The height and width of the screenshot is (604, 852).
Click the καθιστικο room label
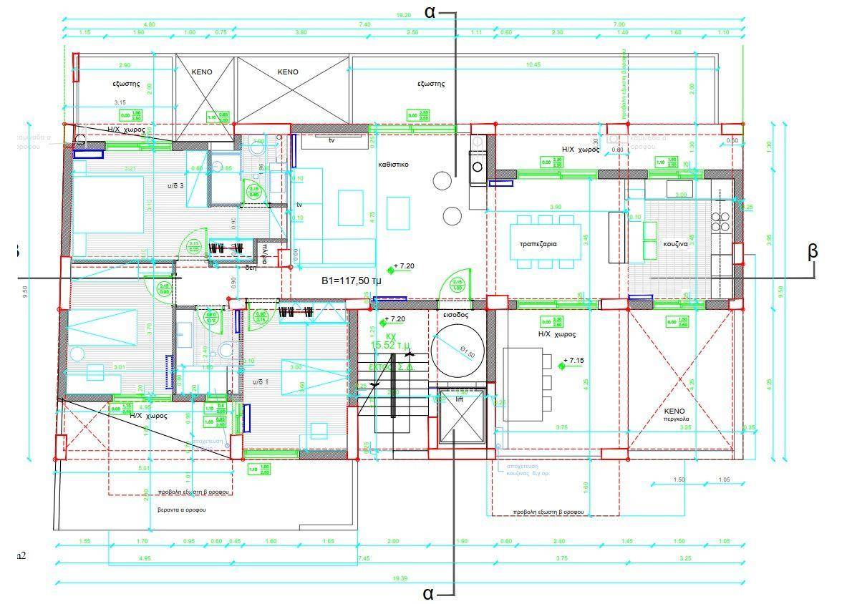click(393, 164)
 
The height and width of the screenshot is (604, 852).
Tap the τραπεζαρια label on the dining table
click(538, 244)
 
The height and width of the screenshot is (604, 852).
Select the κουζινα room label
click(674, 243)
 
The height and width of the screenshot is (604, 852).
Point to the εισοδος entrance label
click(455, 314)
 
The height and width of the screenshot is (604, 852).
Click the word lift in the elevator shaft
click(460, 399)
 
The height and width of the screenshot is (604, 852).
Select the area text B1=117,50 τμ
click(351, 281)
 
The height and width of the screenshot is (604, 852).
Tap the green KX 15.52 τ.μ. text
click(391, 341)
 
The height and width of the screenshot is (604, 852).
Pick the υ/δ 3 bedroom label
click(175, 186)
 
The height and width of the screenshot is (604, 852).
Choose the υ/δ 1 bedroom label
click(261, 382)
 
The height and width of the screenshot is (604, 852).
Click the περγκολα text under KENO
click(674, 419)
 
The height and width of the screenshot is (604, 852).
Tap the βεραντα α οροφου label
click(182, 510)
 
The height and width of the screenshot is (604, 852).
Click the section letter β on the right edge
click(813, 251)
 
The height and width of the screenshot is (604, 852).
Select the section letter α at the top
click(430, 11)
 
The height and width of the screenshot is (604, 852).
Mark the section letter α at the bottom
click(428, 593)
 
